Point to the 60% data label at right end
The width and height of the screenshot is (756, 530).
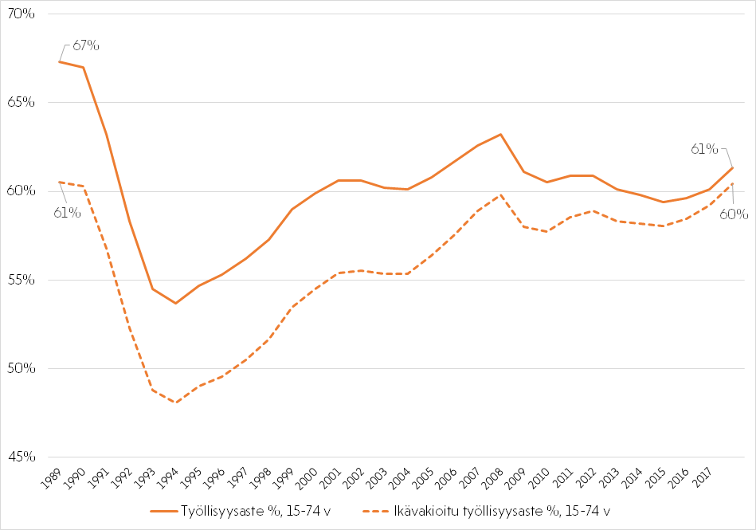pyautogui.click(x=734, y=214)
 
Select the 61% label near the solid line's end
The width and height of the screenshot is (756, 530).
pyautogui.click(x=704, y=149)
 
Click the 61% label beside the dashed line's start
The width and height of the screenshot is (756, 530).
pyautogui.click(x=68, y=212)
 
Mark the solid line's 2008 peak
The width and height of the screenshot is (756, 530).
pyautogui.click(x=500, y=134)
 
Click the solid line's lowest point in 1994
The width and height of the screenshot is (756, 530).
pyautogui.click(x=175, y=303)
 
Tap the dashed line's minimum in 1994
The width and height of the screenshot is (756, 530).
pyautogui.click(x=175, y=402)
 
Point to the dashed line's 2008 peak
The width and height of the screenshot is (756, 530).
pyautogui.click(x=500, y=194)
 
